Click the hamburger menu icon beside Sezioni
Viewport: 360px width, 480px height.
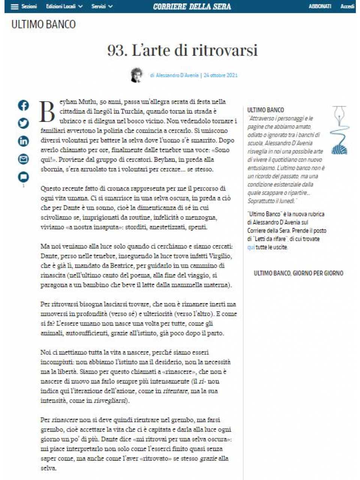(15, 7)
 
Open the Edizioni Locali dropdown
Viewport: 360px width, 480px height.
(64, 7)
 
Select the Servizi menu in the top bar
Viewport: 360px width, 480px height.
(102, 7)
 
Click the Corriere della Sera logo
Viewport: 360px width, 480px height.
(192, 7)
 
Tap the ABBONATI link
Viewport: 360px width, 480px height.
(320, 7)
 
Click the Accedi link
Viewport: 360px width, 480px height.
(347, 7)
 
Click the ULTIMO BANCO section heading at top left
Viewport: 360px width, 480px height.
(43, 24)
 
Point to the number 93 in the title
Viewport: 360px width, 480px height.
(117, 50)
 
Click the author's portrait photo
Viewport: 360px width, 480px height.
(137, 75)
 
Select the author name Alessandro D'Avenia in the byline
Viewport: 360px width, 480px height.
(177, 75)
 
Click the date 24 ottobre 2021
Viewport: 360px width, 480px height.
(220, 75)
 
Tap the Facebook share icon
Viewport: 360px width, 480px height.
(23, 105)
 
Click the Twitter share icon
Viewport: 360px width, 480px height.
(23, 123)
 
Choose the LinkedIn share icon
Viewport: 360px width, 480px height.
(23, 141)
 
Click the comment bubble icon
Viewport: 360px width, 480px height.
(23, 176)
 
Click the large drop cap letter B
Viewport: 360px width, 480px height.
(48, 111)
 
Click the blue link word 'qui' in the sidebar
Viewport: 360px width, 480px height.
(251, 247)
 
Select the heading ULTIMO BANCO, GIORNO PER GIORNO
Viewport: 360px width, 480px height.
(298, 273)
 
